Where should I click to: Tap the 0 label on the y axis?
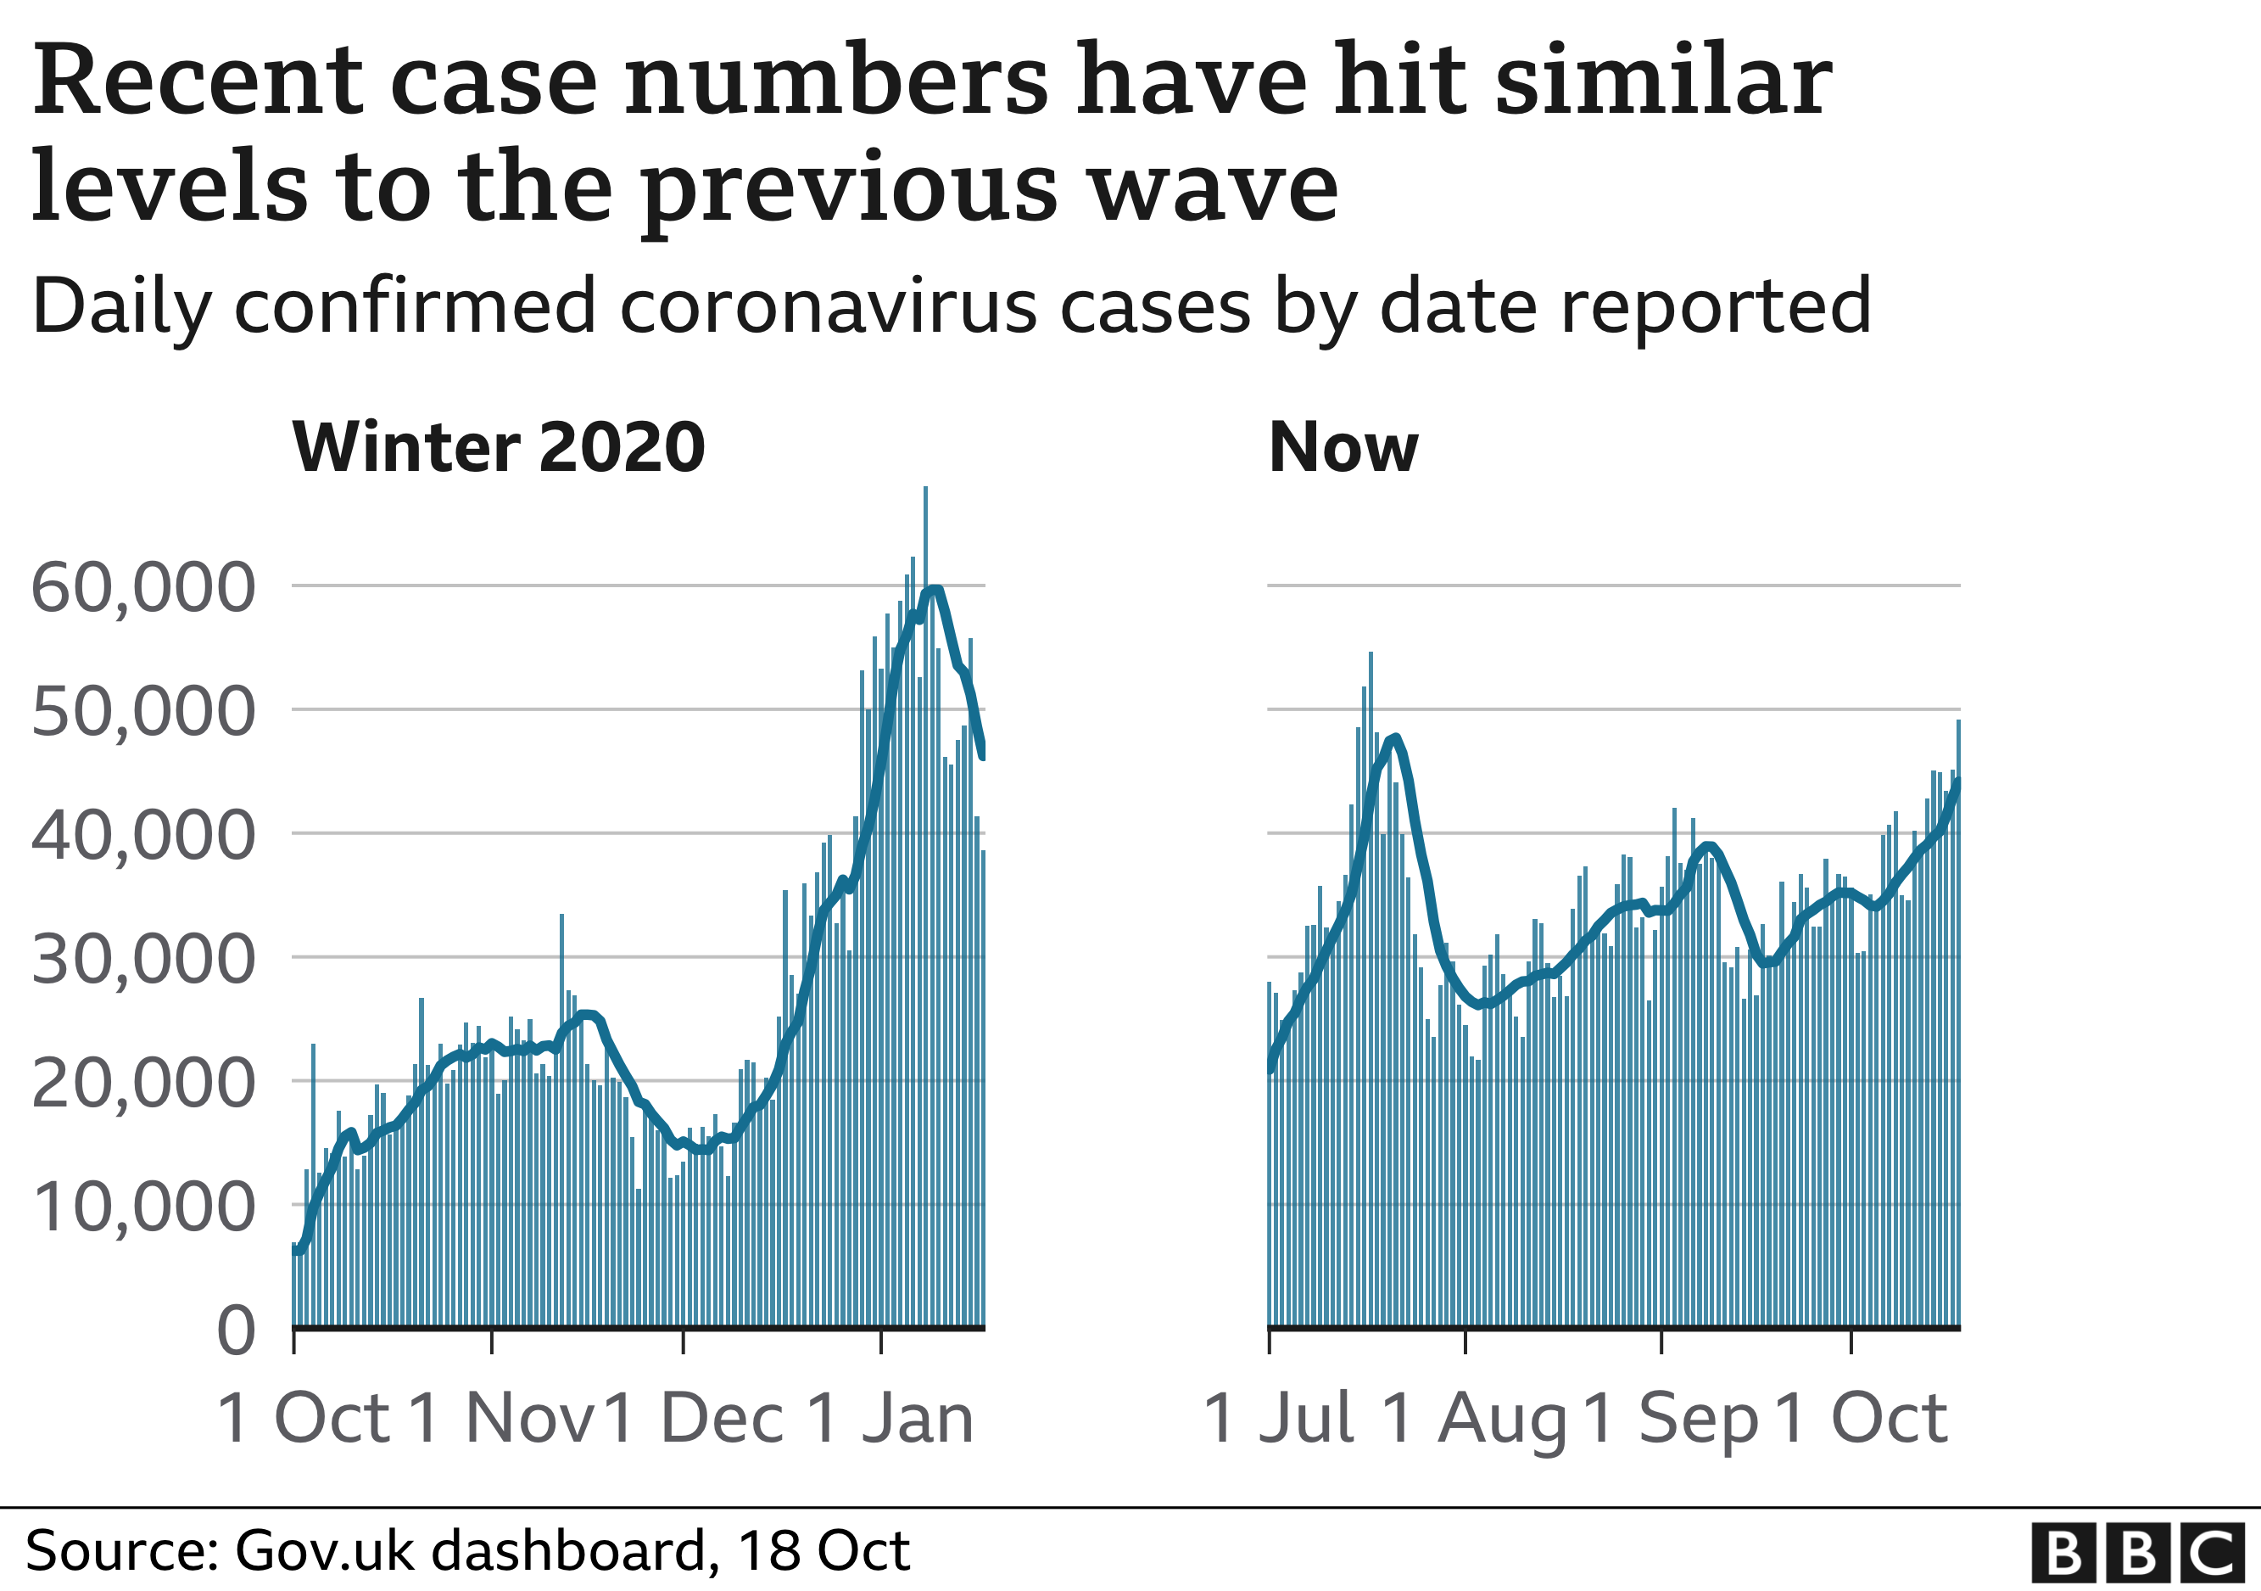(237, 1332)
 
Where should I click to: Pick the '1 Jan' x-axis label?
(890, 1420)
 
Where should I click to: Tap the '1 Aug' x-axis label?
(1474, 1420)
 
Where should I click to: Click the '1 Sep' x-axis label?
(1671, 1420)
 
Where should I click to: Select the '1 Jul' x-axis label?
(1279, 1420)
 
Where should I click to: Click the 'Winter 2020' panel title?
(499, 448)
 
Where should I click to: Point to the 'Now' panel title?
(1343, 448)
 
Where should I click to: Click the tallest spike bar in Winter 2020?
(925, 887)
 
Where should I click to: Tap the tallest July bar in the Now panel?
(1371, 985)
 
